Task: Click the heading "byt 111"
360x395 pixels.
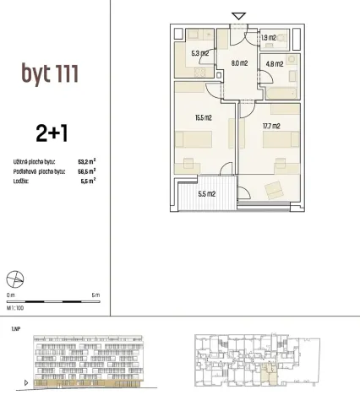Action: tap(50, 73)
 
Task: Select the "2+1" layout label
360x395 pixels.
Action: tap(50, 132)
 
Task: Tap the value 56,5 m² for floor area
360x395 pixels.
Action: tap(85, 170)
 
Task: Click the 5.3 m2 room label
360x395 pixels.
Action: tap(200, 54)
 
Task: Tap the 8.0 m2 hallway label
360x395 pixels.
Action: tap(238, 62)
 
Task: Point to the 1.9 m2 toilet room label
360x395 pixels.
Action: tap(268, 37)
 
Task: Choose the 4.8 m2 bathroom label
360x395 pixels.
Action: tap(274, 62)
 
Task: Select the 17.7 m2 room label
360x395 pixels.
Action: tap(271, 127)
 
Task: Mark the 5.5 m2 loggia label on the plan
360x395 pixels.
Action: tap(207, 193)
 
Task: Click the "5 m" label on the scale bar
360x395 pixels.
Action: tap(95, 295)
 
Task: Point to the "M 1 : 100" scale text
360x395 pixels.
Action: tap(15, 309)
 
